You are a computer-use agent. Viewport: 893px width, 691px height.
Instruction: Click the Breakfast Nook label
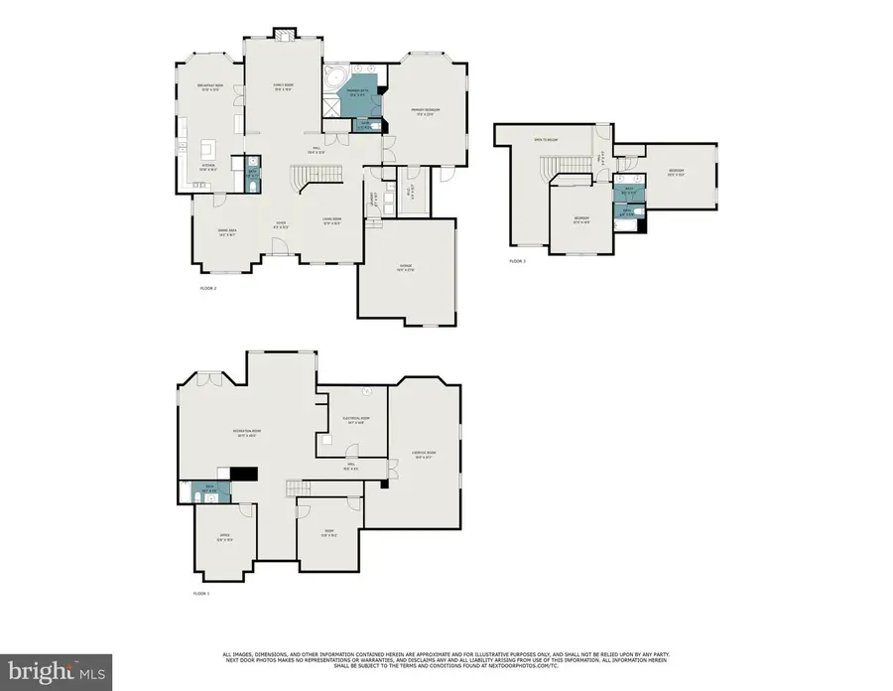click(x=213, y=86)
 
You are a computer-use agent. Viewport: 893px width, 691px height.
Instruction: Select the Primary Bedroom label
click(x=427, y=110)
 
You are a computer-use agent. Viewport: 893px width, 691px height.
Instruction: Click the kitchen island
click(x=208, y=150)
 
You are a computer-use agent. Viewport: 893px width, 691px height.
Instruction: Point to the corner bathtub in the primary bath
click(x=334, y=79)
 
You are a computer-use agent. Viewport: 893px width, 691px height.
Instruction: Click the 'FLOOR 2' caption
click(x=207, y=289)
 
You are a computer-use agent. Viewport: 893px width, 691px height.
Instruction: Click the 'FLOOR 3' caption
click(x=517, y=261)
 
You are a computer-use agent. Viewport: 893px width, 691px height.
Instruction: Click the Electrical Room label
click(x=356, y=420)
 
